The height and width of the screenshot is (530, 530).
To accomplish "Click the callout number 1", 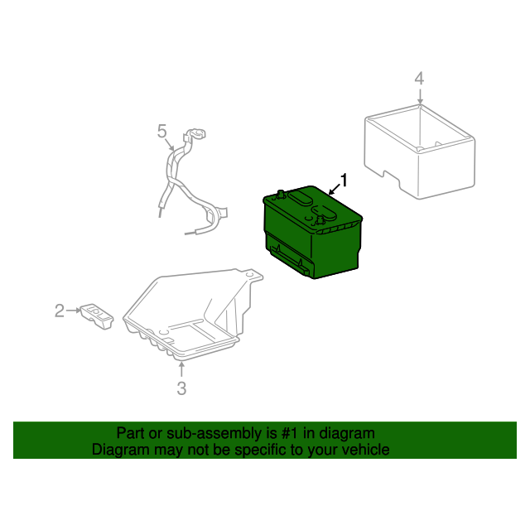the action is [x=344, y=181].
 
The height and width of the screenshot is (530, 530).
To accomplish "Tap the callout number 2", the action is [x=60, y=311].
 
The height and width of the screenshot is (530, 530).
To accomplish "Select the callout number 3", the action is [x=181, y=388].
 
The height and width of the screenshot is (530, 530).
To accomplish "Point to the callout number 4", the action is [x=419, y=79].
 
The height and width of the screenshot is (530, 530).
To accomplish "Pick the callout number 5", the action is [x=162, y=131].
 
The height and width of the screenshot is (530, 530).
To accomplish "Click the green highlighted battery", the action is [x=312, y=232].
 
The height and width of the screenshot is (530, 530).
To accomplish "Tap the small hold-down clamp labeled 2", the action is [x=97, y=316].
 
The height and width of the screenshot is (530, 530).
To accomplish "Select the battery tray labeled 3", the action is [x=193, y=315].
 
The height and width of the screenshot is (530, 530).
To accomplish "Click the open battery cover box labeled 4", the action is [x=420, y=152].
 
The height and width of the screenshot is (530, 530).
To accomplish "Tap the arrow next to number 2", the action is [x=74, y=311].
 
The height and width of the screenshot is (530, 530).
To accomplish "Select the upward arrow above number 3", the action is [x=181, y=369].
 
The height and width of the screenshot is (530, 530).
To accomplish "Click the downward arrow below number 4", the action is [x=420, y=97].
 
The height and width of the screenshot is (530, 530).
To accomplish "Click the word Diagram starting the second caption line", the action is [x=121, y=450].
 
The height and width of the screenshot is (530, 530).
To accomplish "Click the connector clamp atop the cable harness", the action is [x=195, y=134].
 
